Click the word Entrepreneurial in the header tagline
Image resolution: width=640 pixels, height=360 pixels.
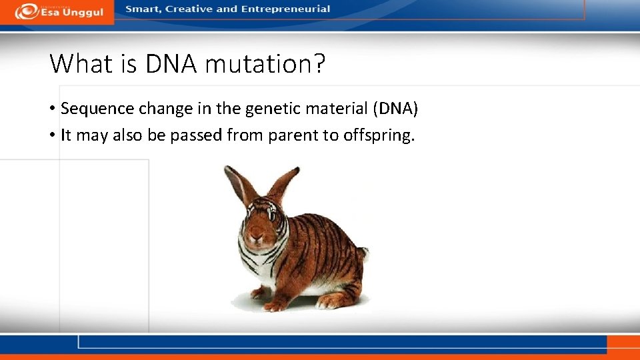[291, 9]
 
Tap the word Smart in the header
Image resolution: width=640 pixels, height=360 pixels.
[142, 9]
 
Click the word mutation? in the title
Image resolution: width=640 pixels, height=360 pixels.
[265, 64]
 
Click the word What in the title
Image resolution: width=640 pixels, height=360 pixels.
[81, 64]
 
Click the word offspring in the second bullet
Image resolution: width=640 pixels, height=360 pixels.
[378, 136]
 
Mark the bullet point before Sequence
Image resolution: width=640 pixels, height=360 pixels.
[52, 109]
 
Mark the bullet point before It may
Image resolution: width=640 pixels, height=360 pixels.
[52, 136]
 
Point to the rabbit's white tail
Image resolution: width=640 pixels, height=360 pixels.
[362, 254]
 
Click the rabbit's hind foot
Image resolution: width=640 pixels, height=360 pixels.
[333, 301]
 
